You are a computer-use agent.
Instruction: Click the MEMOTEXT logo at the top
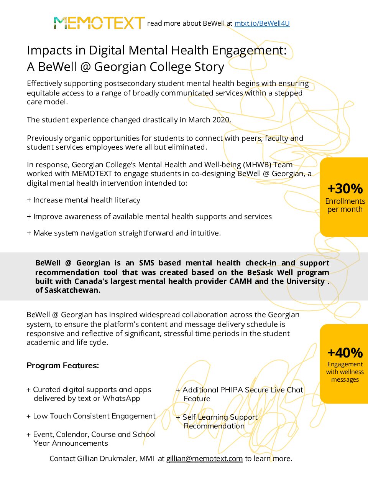coord(99,23)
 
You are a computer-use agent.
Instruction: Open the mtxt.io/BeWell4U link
coord(262,23)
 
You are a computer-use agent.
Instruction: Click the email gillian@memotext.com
coord(204,458)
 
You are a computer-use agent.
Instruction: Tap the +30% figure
coord(345,188)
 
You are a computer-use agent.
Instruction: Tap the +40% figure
coord(345,353)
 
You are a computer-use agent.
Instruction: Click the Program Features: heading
coord(63,366)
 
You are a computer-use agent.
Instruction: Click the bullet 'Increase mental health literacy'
coord(87,200)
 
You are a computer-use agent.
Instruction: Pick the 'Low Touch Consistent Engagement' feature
coord(94,416)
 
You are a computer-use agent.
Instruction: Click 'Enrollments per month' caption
coord(345,205)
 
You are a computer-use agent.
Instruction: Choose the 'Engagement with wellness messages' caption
coord(345,372)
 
